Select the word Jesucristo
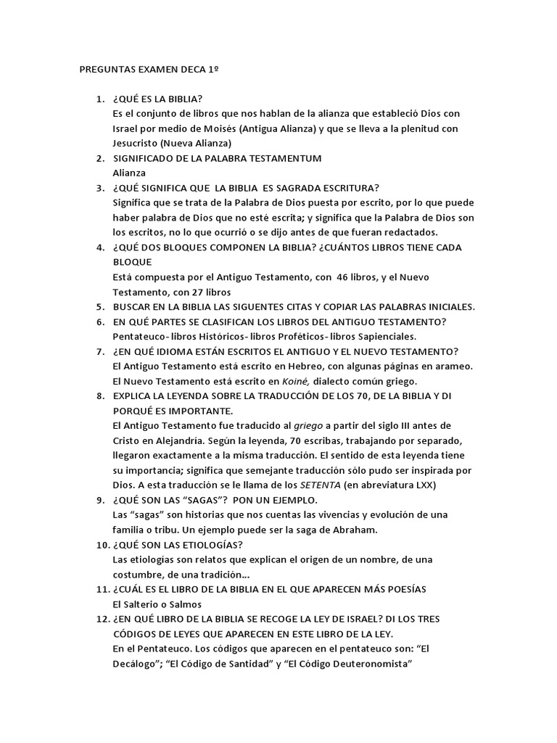pos(140,144)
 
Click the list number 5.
pos(102,306)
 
